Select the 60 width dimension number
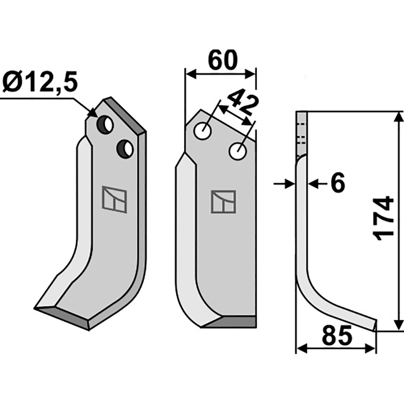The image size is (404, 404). (x=221, y=60)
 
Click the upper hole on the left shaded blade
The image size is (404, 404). (x=106, y=124)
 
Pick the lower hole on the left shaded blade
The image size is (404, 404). (x=124, y=148)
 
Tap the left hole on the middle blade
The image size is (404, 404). (x=204, y=132)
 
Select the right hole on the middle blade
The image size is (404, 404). (x=237, y=151)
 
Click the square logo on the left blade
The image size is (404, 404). (x=115, y=199)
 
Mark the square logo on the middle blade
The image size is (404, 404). (x=223, y=201)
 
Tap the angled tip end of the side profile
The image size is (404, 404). (x=375, y=325)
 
